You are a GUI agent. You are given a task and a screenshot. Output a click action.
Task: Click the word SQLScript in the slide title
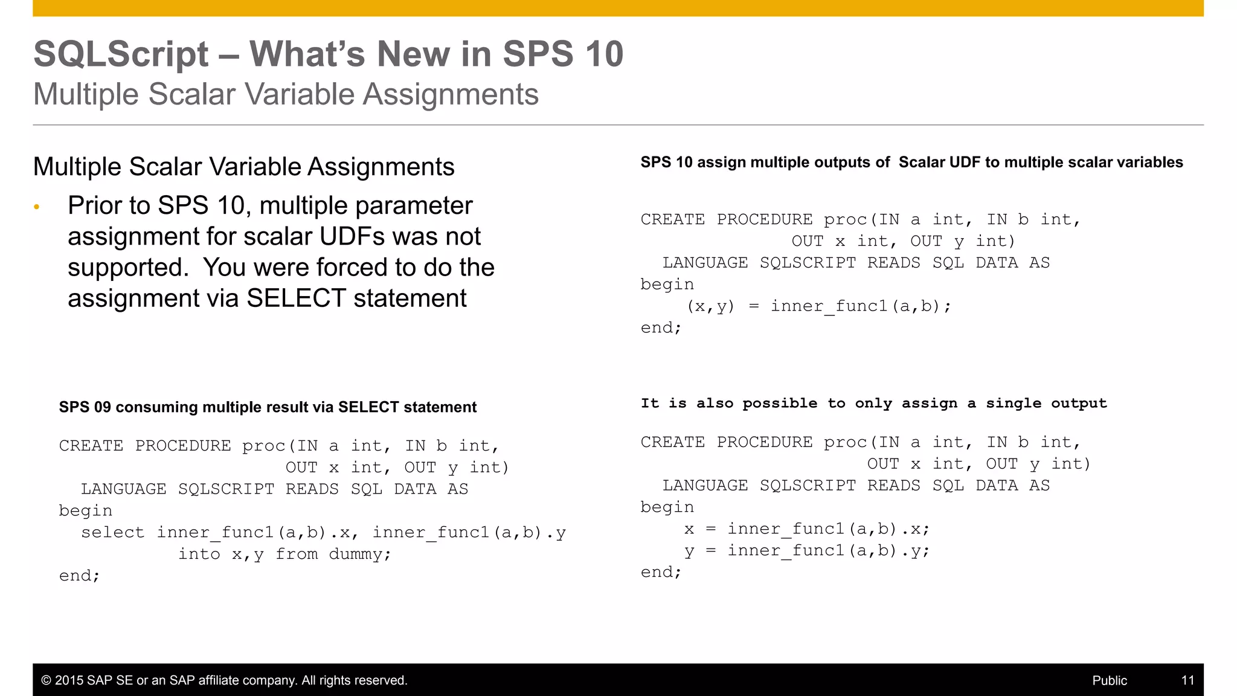(121, 54)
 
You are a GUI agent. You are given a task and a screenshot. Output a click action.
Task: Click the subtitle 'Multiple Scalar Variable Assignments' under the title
(286, 95)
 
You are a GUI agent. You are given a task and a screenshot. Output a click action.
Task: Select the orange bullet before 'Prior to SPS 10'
(37, 207)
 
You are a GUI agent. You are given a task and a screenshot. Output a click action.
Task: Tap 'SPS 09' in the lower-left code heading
(85, 407)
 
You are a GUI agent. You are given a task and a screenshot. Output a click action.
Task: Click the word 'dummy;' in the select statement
(360, 554)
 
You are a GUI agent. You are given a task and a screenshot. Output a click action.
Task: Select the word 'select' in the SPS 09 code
(112, 532)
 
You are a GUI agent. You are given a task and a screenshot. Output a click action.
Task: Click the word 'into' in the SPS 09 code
(199, 554)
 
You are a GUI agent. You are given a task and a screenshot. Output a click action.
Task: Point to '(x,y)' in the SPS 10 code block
(710, 306)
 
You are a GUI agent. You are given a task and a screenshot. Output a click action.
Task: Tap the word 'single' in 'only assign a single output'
(1014, 404)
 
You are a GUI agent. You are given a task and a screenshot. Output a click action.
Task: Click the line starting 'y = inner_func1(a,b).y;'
(807, 551)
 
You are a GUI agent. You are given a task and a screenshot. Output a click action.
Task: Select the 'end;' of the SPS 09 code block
(79, 576)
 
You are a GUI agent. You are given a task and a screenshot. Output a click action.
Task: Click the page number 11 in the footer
(1187, 680)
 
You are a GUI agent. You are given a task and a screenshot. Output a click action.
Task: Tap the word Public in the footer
(1110, 680)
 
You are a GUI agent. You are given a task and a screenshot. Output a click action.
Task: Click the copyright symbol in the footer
(46, 680)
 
